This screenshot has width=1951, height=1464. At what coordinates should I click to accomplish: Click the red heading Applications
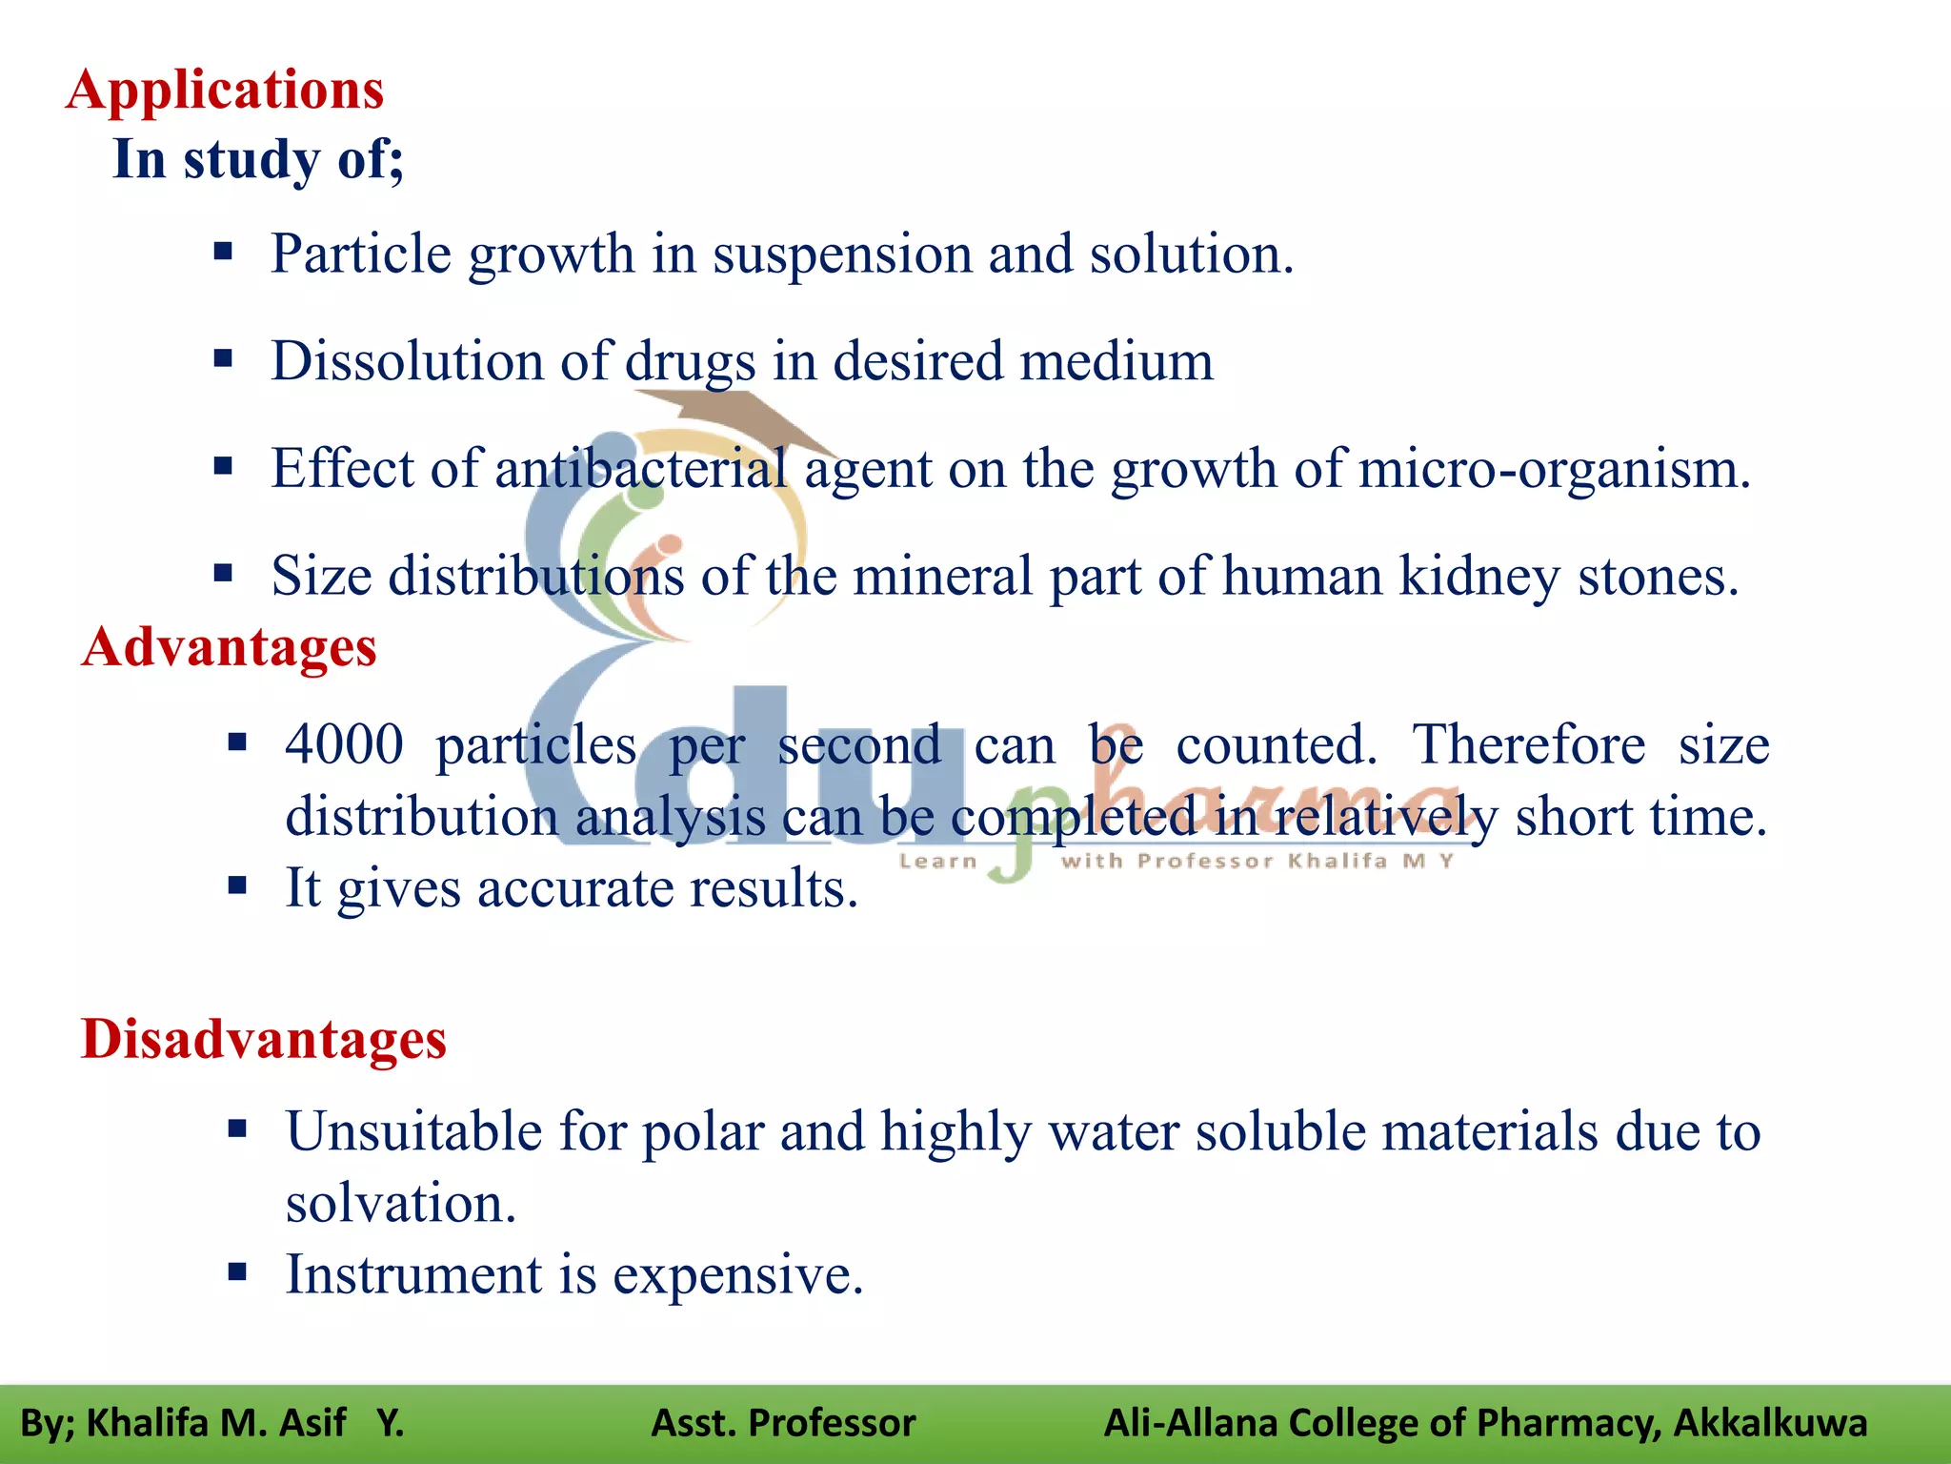(x=225, y=91)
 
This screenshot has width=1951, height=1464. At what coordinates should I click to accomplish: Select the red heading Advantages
(x=229, y=648)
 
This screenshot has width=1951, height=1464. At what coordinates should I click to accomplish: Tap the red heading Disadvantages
(x=264, y=1039)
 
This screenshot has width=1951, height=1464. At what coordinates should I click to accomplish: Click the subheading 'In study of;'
(x=258, y=159)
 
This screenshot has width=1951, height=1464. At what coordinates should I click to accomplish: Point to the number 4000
(x=344, y=745)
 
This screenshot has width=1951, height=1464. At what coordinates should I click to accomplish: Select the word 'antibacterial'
(x=641, y=469)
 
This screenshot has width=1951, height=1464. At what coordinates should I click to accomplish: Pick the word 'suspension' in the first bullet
(x=841, y=255)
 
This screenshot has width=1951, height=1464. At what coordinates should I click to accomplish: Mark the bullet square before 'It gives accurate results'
(x=237, y=885)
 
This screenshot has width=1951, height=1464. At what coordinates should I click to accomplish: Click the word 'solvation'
(x=400, y=1204)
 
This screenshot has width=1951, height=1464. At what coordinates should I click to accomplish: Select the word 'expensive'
(x=737, y=1275)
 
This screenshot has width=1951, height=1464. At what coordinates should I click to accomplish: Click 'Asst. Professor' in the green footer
(x=783, y=1423)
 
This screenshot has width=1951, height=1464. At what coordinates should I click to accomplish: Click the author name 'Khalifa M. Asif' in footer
(x=215, y=1423)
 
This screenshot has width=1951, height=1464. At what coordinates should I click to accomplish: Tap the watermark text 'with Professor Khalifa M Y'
(x=1257, y=862)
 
